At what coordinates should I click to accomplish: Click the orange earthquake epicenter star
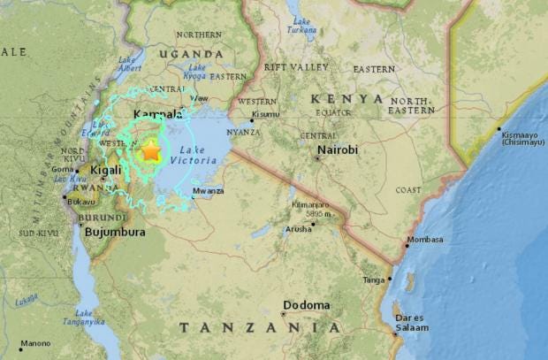[151, 151]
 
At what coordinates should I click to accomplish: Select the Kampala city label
[157, 115]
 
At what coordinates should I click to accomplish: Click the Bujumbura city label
[114, 233]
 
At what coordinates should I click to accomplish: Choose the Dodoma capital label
[307, 305]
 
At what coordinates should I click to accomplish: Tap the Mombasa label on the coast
[425, 240]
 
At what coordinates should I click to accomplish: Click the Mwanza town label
[209, 191]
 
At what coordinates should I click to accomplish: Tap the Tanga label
[374, 280]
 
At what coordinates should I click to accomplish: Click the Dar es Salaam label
[412, 322]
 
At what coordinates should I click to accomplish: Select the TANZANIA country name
[259, 328]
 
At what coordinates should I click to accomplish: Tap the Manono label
[35, 343]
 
